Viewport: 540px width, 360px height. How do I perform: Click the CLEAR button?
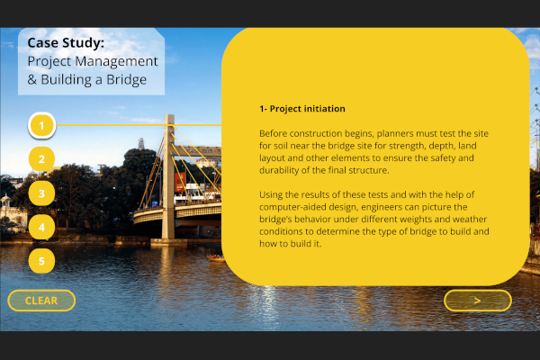point(41,301)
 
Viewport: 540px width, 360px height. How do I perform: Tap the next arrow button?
point(477,301)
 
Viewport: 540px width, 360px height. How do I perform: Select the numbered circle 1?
point(42,124)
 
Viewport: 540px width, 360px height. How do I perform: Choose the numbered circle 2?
point(41,159)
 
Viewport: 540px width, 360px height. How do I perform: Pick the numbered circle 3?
point(41,193)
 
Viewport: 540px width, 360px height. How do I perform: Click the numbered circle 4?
point(41,227)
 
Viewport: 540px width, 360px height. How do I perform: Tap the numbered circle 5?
point(41,261)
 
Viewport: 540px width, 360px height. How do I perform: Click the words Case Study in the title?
point(66,42)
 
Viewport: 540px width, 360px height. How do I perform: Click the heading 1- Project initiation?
point(302,109)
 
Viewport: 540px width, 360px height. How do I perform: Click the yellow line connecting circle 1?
point(135,124)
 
